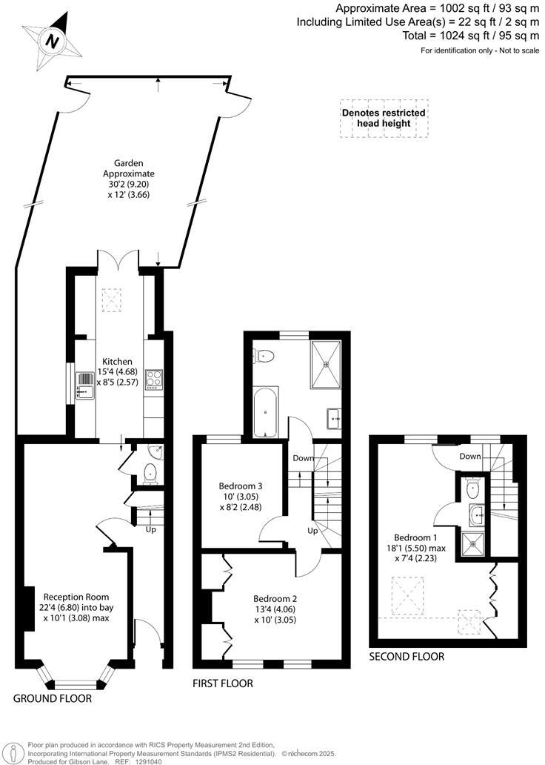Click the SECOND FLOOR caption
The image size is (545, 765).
click(407, 657)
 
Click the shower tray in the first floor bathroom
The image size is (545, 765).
click(327, 363)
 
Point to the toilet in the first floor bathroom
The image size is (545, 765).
click(264, 357)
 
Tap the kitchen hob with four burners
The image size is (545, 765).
click(153, 379)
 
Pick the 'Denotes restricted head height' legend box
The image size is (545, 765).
click(383, 118)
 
